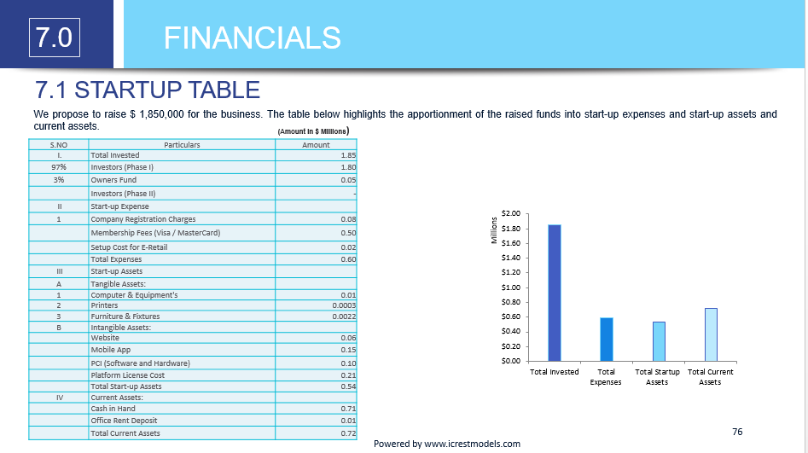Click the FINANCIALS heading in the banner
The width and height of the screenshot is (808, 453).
point(252,38)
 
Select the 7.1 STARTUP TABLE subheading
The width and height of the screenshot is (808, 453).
point(147,90)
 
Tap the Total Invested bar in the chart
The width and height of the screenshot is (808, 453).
point(555,292)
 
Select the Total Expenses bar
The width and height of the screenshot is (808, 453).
point(607,339)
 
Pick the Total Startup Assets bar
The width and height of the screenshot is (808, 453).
point(659,340)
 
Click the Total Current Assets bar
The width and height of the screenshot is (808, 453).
point(711,334)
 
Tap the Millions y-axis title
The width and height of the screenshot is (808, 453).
point(494,231)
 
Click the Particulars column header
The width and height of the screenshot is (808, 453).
point(182,145)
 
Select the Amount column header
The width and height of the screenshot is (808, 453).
point(316,145)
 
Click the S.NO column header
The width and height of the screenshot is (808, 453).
point(59,145)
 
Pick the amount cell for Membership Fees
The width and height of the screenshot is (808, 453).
point(316,233)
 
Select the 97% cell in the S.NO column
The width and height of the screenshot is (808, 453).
point(59,167)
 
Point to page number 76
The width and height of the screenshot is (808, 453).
point(737,432)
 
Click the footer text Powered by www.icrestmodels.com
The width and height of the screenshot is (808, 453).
point(446,444)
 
